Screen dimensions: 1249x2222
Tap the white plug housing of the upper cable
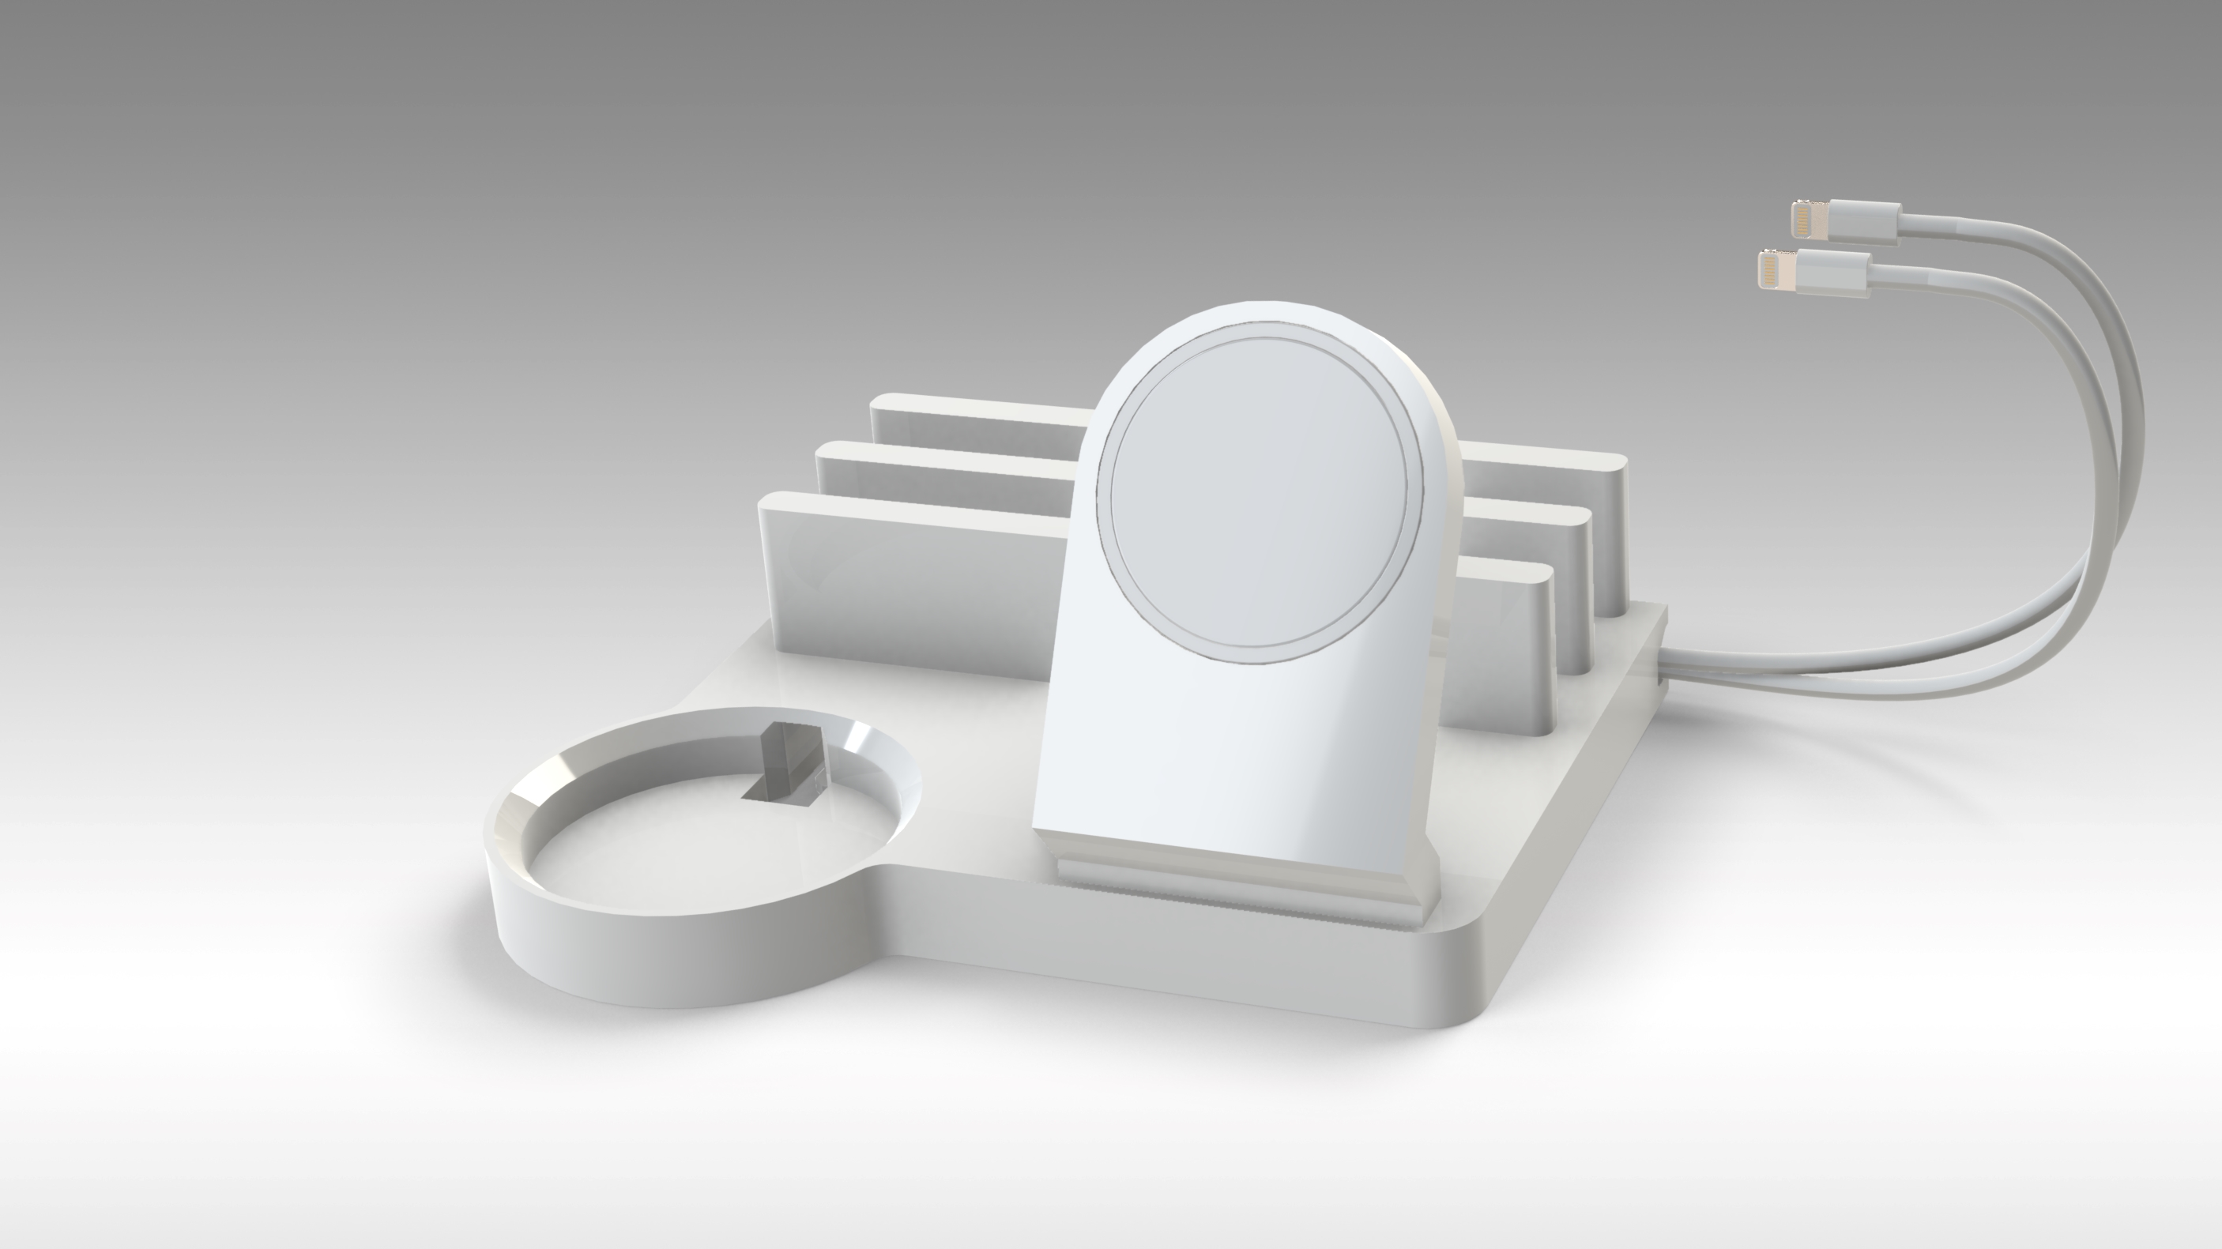point(1863,222)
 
